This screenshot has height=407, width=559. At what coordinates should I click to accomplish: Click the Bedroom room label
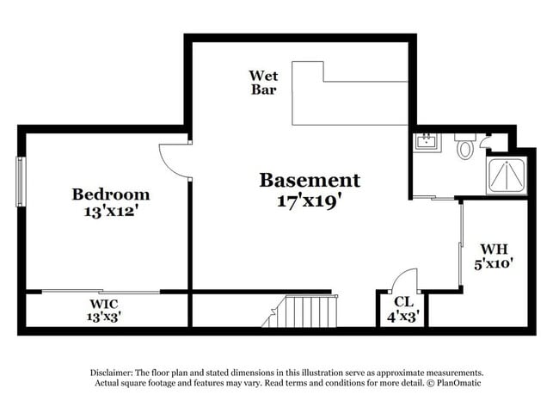pos(111,194)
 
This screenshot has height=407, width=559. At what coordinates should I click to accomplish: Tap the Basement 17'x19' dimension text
pos(307,202)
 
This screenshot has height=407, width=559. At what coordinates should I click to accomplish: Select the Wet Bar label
pos(263,83)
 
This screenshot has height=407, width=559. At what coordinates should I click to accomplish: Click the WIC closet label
pos(104,305)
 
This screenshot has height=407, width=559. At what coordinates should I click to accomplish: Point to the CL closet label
pos(404,302)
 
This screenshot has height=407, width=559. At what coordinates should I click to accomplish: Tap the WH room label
pos(494,249)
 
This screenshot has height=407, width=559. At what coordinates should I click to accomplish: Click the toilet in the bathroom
pos(465,146)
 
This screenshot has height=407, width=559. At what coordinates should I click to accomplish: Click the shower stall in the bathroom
pos(507,176)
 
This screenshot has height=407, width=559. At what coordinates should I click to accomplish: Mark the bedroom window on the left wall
pos(21,182)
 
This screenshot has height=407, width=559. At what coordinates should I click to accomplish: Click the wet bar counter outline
pos(350,93)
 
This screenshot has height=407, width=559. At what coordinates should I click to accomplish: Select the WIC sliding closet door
pos(101,292)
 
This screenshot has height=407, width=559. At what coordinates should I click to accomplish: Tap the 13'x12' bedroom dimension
pos(111,212)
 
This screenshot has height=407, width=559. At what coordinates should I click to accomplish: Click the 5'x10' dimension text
pos(494,263)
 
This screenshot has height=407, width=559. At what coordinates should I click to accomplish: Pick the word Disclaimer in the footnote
pos(112,373)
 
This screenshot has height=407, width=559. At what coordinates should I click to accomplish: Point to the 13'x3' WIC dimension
pos(104,317)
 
